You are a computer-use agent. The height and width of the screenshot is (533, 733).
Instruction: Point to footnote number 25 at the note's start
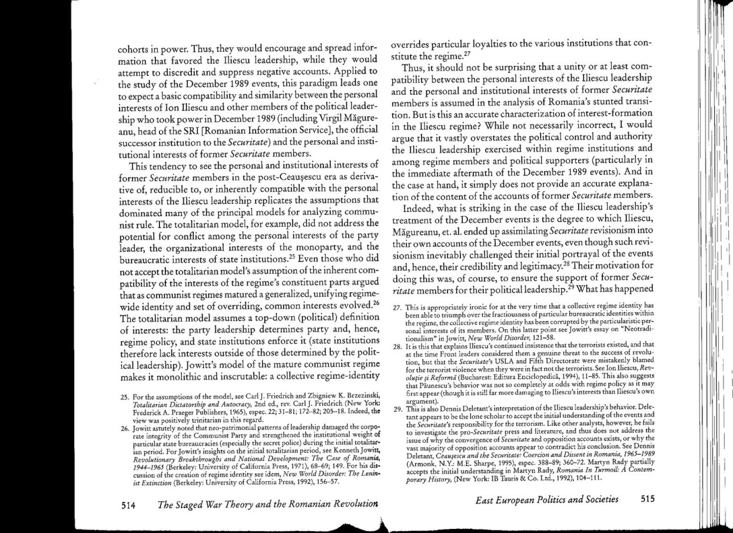coord(124,395)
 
